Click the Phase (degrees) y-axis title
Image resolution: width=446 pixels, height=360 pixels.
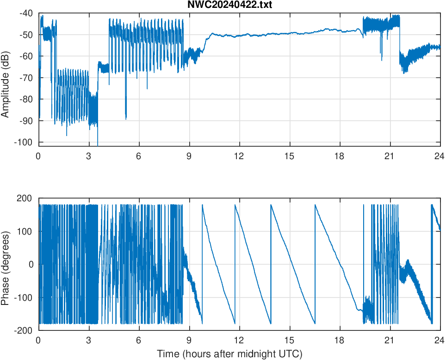(6, 264)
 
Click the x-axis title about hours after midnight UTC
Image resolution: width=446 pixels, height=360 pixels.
(229, 354)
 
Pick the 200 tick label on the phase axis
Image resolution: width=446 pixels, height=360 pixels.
(27, 199)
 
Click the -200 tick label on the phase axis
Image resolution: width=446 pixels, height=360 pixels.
(25, 330)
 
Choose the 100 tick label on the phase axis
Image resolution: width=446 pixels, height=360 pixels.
(27, 231)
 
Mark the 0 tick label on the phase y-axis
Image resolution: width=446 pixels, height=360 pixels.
(31, 264)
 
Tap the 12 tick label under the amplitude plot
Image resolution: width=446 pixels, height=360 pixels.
(239, 156)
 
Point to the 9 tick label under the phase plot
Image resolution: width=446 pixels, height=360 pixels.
(189, 340)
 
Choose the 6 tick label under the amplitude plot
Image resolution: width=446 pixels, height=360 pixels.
(139, 156)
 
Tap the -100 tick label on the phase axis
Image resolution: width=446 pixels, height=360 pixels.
(25, 298)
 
